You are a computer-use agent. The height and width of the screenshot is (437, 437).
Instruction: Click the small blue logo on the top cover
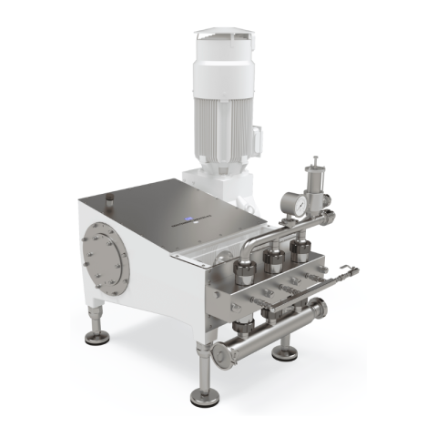click(192, 218)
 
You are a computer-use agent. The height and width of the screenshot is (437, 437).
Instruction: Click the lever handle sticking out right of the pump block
click(341, 271)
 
